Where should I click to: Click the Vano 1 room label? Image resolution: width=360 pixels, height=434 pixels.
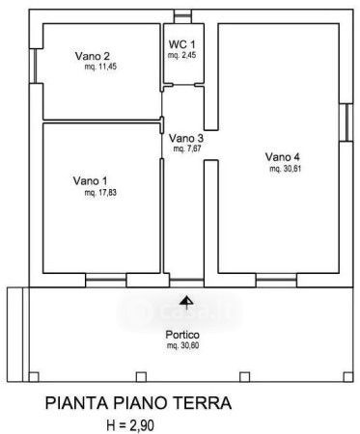point(91,180)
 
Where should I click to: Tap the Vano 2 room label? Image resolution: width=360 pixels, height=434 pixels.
point(93,56)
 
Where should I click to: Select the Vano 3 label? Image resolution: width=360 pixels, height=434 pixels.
point(186,138)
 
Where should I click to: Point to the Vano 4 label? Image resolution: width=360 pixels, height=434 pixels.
point(283,157)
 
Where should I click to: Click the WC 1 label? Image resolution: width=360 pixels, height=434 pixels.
point(182,44)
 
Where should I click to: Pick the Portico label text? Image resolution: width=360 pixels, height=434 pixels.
point(182,335)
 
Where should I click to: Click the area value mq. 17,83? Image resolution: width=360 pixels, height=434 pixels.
point(100,193)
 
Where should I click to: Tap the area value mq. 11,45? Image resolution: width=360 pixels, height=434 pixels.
point(100,67)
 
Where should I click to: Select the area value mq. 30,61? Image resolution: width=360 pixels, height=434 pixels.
point(286,169)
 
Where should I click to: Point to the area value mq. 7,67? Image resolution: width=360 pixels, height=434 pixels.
point(187,149)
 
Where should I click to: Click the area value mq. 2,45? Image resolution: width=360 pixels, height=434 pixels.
point(181,55)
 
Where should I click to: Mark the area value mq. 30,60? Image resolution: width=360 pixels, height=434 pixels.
point(182,346)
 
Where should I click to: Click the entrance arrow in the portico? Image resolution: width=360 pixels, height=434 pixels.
point(186,302)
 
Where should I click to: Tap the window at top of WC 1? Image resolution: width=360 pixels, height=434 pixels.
point(182,16)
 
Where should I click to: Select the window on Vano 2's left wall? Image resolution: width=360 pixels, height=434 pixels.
point(36,66)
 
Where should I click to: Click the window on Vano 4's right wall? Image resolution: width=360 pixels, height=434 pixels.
point(346,122)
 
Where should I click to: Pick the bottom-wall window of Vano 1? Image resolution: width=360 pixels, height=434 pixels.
point(106,280)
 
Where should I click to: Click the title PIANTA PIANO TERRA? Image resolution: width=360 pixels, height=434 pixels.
point(138,403)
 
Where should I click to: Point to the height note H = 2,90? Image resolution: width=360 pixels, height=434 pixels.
point(130,425)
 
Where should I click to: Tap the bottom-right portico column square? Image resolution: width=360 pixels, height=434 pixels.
point(348,377)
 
